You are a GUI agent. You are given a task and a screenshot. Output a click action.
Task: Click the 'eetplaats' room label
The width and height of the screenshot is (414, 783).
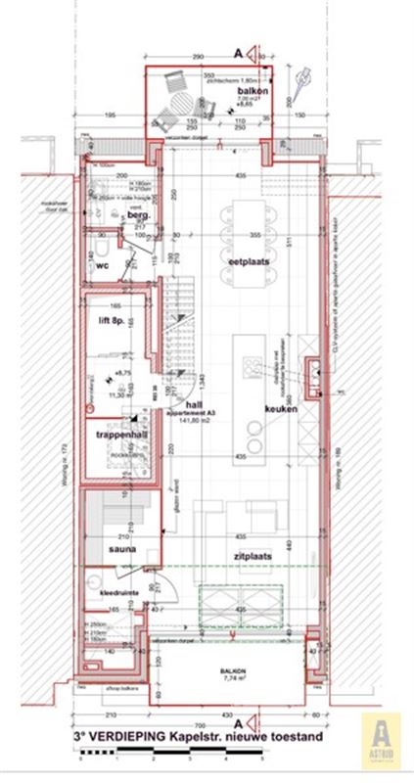(249, 262)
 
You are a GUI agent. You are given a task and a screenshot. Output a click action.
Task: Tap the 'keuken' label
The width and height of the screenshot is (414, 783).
(279, 408)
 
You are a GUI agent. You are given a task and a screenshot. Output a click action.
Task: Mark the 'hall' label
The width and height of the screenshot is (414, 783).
(194, 404)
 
